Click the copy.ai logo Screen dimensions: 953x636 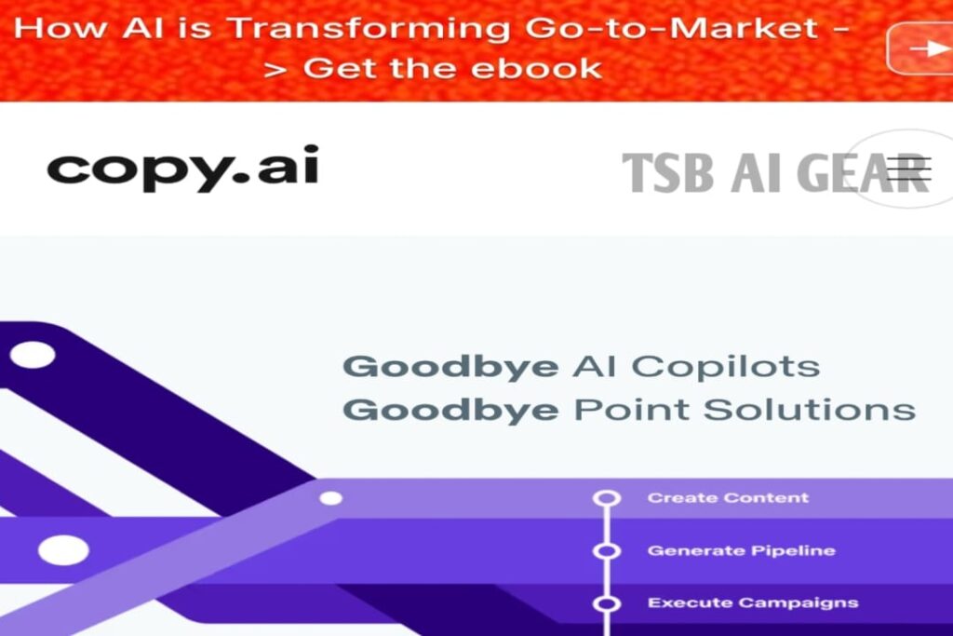(x=183, y=168)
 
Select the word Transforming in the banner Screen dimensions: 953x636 (x=369, y=29)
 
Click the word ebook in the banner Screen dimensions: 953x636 (x=536, y=68)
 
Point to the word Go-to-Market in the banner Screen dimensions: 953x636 (x=671, y=28)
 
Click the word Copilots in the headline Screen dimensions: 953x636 (x=726, y=367)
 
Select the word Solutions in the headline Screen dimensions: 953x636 (x=810, y=409)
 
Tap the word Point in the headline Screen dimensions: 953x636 (x=632, y=409)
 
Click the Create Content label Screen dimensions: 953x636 (x=728, y=498)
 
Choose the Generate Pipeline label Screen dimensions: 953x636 (x=742, y=551)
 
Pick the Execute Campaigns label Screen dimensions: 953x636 (x=753, y=602)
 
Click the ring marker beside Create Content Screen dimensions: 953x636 (x=607, y=498)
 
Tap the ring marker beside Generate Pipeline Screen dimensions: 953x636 (x=607, y=551)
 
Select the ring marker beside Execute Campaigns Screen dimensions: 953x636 (x=607, y=603)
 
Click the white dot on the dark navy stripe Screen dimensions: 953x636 (x=33, y=355)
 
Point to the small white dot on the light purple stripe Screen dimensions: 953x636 (x=330, y=498)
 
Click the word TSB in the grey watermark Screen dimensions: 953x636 (x=668, y=172)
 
